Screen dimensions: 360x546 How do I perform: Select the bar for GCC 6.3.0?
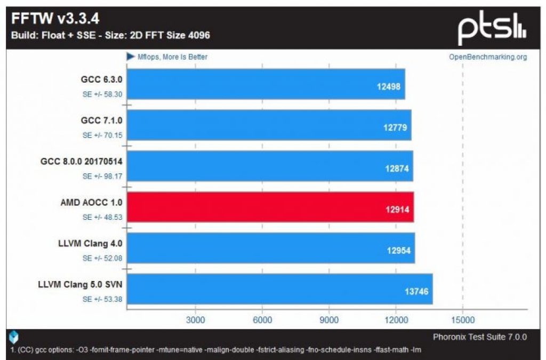[x=266, y=84]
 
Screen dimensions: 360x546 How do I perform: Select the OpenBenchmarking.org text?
[x=487, y=57]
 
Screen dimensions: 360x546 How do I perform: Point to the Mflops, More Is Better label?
[x=167, y=57]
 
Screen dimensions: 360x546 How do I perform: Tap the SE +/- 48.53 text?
[x=102, y=218]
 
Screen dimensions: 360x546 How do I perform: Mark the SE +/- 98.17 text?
[x=102, y=177]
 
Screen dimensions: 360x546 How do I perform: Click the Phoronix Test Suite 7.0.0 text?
[x=480, y=337]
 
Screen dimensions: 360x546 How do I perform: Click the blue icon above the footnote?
[x=14, y=337]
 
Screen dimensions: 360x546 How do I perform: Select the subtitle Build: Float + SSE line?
[x=111, y=35]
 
